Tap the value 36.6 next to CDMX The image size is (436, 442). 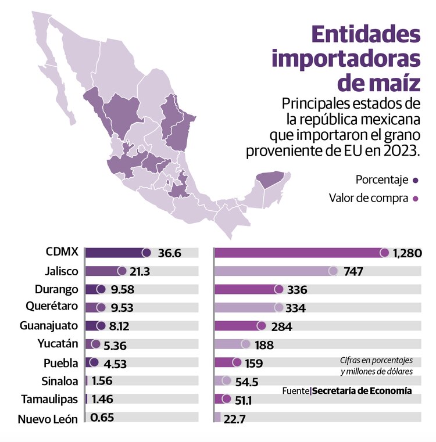(x=169, y=253)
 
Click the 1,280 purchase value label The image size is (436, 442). (x=407, y=253)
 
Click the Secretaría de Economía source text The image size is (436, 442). (x=362, y=391)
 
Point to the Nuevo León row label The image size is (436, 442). (x=47, y=419)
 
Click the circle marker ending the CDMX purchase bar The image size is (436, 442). (x=384, y=253)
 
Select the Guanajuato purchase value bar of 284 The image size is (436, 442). (x=238, y=326)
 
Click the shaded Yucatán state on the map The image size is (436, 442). (x=271, y=179)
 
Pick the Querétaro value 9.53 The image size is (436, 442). (x=121, y=308)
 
